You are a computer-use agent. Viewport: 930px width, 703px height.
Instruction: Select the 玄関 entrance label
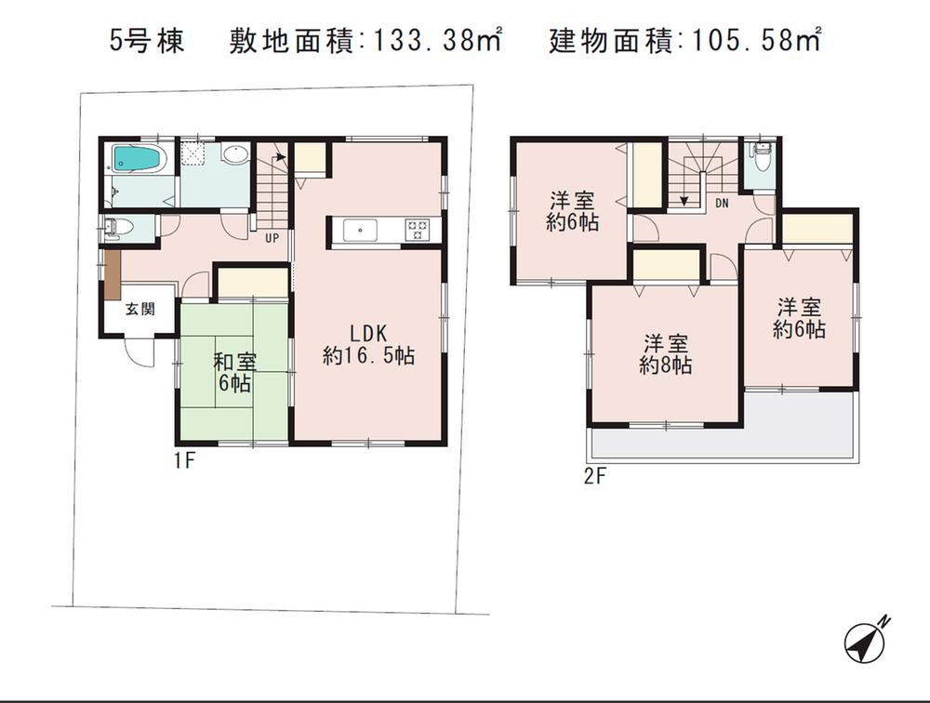141,311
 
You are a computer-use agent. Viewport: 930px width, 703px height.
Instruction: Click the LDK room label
368,333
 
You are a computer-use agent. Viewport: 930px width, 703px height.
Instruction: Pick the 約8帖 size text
665,366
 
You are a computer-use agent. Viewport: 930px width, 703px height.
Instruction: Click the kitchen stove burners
415,229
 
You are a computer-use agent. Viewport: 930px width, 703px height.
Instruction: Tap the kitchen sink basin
359,229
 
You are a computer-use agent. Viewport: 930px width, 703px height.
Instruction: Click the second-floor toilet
762,160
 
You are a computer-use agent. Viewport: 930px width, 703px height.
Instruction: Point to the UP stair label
272,238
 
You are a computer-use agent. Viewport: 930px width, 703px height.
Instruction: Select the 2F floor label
595,480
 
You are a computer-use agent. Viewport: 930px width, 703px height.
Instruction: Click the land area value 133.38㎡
437,41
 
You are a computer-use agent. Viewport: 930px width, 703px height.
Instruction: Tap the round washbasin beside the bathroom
235,155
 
